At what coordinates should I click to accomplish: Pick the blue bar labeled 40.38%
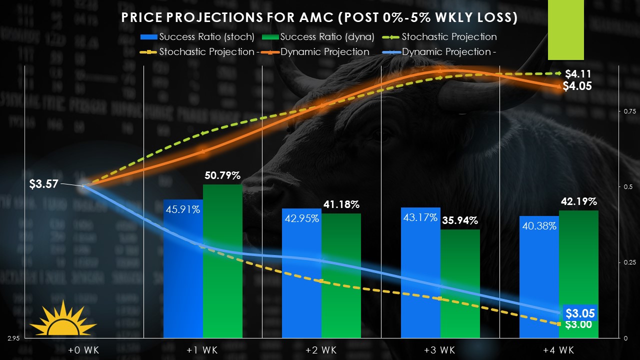point(539,280)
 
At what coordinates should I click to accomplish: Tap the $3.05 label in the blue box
point(580,313)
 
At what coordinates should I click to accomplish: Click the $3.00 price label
point(578,324)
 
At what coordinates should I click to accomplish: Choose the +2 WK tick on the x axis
point(322,350)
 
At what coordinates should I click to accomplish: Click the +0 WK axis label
point(84,350)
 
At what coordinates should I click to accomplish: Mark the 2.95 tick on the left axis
point(13,339)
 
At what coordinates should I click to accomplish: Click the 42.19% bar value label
point(578,202)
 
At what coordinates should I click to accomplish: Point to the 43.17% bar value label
point(420,218)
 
